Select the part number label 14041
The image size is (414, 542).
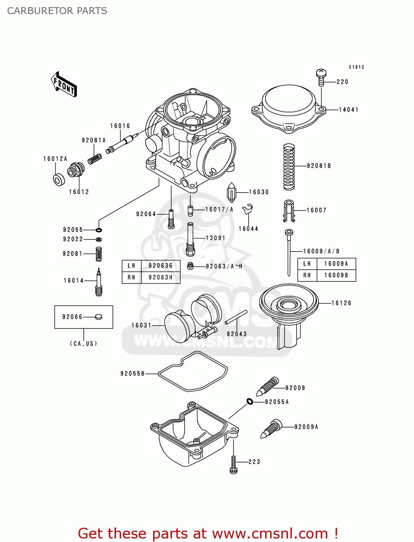click(349, 109)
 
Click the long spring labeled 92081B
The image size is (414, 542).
click(289, 167)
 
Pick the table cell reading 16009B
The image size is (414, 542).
click(336, 275)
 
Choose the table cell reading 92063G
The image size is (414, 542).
click(160, 266)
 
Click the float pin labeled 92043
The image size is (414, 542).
click(236, 317)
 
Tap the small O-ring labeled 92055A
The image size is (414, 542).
click(250, 401)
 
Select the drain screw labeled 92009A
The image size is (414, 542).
click(271, 429)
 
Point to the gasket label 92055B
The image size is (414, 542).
click(132, 374)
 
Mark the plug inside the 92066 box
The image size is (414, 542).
click(98, 317)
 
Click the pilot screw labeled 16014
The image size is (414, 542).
click(99, 282)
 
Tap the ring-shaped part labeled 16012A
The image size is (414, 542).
click(59, 180)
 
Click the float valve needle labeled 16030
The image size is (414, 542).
click(231, 192)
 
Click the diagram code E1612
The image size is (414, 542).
click(356, 67)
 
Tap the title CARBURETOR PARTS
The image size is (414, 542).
click(57, 11)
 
